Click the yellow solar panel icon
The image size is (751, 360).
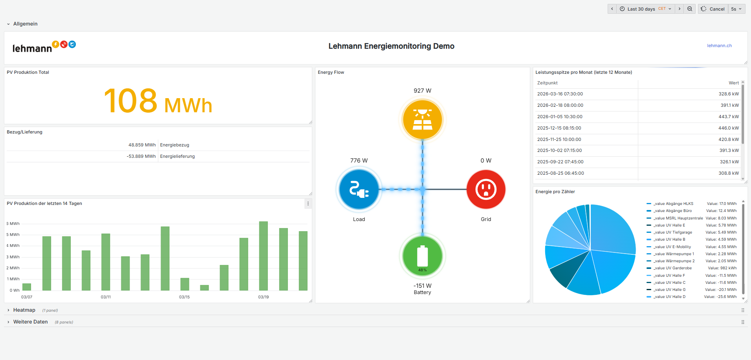[422, 119]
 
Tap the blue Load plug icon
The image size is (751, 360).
[359, 189]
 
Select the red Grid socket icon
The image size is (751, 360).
[486, 189]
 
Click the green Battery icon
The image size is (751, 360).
[422, 256]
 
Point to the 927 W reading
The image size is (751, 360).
[422, 91]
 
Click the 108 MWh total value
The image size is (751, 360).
[158, 101]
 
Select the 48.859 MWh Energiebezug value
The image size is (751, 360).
[142, 145]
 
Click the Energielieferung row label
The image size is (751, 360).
[177, 156]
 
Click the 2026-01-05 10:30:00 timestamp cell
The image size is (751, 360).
[560, 117]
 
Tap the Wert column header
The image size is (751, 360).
[733, 83]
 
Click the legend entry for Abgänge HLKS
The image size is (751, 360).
[673, 204]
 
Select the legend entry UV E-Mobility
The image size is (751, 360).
[672, 247]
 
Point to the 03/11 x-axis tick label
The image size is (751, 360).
[106, 297]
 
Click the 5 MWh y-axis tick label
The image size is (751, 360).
[14, 235]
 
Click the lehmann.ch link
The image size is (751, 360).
[719, 46]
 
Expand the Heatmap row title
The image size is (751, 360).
[24, 310]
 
